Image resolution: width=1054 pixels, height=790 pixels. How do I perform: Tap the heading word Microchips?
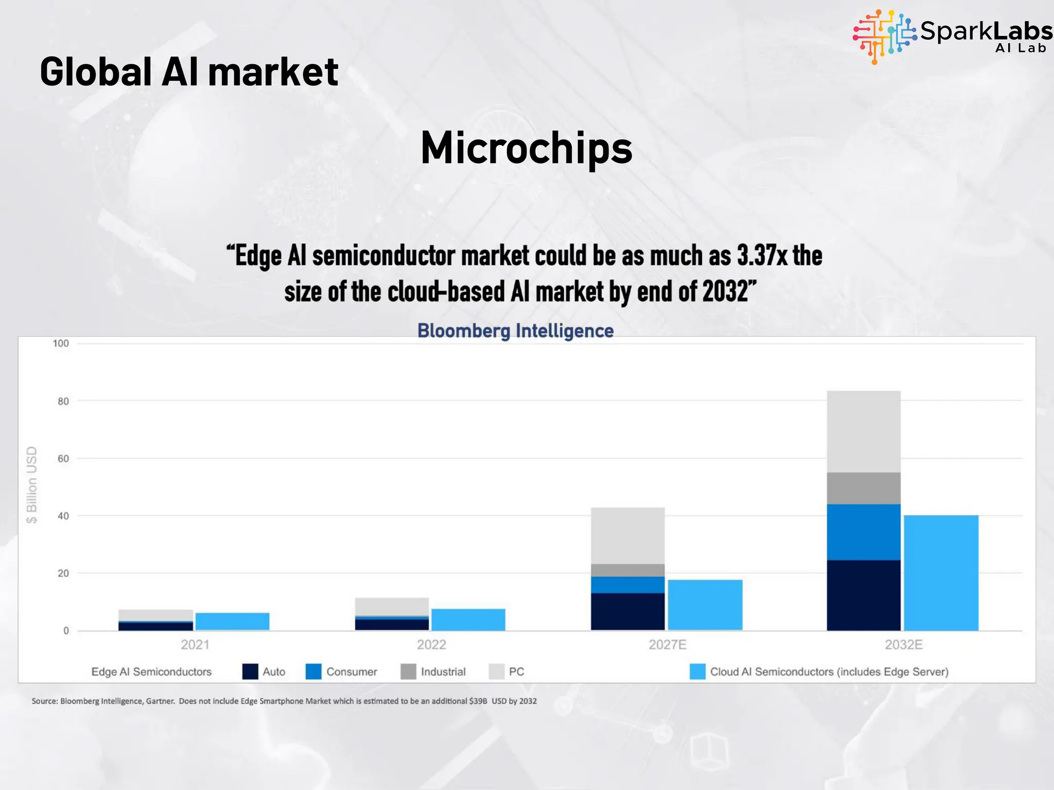pos(526,148)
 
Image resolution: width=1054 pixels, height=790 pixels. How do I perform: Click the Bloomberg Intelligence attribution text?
pos(515,331)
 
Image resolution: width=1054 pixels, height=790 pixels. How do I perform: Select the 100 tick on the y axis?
pos(61,344)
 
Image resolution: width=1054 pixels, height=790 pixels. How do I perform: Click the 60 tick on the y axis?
pos(63,459)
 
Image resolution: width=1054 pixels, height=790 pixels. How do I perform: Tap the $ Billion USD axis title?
pos(32,484)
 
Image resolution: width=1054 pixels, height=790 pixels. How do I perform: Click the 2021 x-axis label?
pos(195,645)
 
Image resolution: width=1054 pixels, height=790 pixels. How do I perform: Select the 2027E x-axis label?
pos(667,645)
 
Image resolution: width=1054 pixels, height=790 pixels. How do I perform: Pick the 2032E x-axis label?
pos(904,645)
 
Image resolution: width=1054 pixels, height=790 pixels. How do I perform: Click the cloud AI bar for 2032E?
pos(941,573)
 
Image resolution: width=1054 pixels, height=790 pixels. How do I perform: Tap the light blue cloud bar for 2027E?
pos(705,605)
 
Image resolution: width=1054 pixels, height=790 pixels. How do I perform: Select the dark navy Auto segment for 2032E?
pos(864,596)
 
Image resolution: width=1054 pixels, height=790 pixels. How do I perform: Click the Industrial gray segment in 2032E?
pos(864,488)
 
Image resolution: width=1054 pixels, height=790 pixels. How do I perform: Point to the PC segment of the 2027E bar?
pos(628,536)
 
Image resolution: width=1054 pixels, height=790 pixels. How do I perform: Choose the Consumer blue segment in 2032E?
pos(864,532)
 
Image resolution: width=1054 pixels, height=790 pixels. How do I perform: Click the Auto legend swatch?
pos(250,672)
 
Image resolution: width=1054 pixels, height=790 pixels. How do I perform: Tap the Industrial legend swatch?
pos(408,672)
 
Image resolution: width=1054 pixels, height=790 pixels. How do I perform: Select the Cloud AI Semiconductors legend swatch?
pos(697,672)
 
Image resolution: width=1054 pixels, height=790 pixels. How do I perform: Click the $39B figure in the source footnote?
pos(478,701)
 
